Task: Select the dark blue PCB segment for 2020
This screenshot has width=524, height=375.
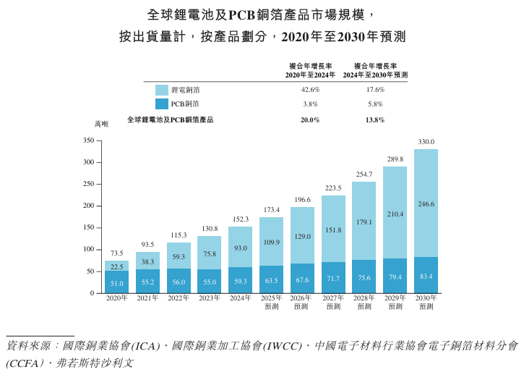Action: (116, 282)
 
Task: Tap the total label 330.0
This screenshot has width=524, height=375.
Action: (426, 142)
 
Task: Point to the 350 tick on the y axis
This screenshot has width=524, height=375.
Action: (89, 140)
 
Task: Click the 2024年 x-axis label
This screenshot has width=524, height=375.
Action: (241, 298)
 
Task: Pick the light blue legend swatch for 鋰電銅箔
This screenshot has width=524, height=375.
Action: (162, 90)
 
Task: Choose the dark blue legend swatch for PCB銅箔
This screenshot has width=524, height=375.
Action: (162, 104)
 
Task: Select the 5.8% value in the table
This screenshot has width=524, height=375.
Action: (375, 104)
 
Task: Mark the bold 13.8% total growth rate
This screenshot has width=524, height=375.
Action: (375, 120)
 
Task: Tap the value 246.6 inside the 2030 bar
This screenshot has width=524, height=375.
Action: (426, 204)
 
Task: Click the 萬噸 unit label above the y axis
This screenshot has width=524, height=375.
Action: (100, 125)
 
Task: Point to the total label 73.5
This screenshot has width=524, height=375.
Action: (116, 253)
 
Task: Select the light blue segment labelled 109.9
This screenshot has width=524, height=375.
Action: (271, 242)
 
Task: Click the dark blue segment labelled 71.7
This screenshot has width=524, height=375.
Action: (333, 278)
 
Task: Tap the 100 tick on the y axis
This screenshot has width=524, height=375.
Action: (89, 249)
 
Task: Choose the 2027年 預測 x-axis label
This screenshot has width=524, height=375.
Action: (333, 302)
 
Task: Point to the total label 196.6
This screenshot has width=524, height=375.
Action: (302, 200)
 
